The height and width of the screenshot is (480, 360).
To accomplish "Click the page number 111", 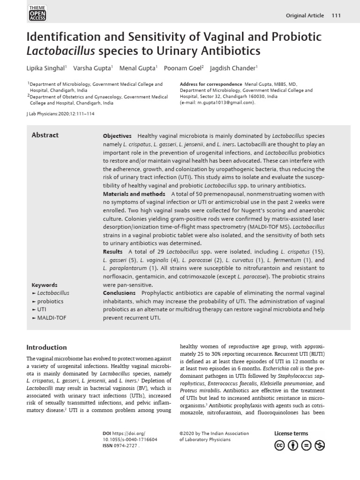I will point(336,15).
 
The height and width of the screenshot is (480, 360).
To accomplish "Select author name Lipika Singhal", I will point(46,68).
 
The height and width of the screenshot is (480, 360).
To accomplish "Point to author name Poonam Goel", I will point(185,68).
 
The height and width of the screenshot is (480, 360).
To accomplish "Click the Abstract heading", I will point(45,135).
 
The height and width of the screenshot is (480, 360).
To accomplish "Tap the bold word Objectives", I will point(117,136).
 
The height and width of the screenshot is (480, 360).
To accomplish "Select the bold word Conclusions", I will point(119,293).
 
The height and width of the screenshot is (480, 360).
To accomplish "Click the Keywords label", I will point(44,285).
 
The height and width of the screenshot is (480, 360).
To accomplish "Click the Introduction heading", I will point(46,347).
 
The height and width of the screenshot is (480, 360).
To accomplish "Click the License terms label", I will point(291,434).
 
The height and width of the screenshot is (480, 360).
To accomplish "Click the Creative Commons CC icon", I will point(280,445).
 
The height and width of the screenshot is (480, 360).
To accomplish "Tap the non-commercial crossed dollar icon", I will point(320,445).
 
